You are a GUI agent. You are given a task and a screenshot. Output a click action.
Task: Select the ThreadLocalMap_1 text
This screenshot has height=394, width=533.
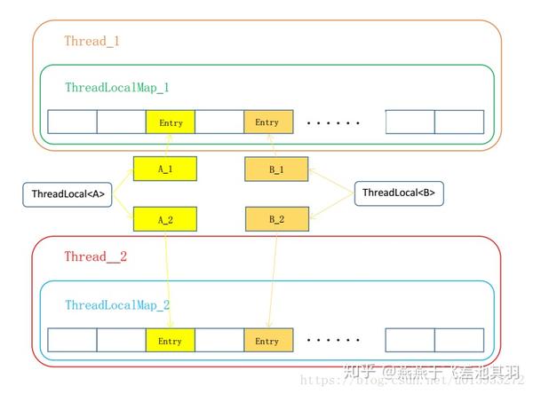[116, 88]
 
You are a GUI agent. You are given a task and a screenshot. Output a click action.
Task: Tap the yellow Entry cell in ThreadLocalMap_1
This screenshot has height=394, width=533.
[171, 122]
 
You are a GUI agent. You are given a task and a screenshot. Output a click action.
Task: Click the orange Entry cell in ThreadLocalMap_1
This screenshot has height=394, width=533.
[267, 122]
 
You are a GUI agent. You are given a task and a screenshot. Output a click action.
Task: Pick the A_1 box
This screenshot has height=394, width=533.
[164, 167]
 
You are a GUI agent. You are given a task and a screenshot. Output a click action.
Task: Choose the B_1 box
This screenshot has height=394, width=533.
[275, 169]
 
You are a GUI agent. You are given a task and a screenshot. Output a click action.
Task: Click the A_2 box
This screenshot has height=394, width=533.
[164, 217]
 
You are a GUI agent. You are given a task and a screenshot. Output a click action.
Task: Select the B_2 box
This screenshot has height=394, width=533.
[275, 218]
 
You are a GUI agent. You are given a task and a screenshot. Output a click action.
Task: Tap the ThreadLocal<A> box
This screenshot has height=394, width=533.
[68, 194]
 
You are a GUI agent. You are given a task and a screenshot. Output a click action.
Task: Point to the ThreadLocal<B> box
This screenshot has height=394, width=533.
[399, 193]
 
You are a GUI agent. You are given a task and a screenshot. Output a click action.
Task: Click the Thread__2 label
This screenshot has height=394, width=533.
[95, 256]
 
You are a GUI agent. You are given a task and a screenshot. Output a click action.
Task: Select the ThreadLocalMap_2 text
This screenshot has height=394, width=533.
[117, 304]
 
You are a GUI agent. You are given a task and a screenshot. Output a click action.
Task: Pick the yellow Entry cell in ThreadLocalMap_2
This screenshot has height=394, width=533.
[171, 340]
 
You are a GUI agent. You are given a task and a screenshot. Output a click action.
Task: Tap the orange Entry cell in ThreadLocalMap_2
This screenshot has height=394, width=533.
[267, 340]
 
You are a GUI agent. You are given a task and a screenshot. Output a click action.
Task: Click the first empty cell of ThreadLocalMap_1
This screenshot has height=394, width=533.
[72, 122]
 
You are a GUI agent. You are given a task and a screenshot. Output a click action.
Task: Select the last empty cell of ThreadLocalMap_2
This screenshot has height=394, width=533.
[459, 340]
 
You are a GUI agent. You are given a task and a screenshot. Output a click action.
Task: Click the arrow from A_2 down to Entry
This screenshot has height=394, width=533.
[168, 280]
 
